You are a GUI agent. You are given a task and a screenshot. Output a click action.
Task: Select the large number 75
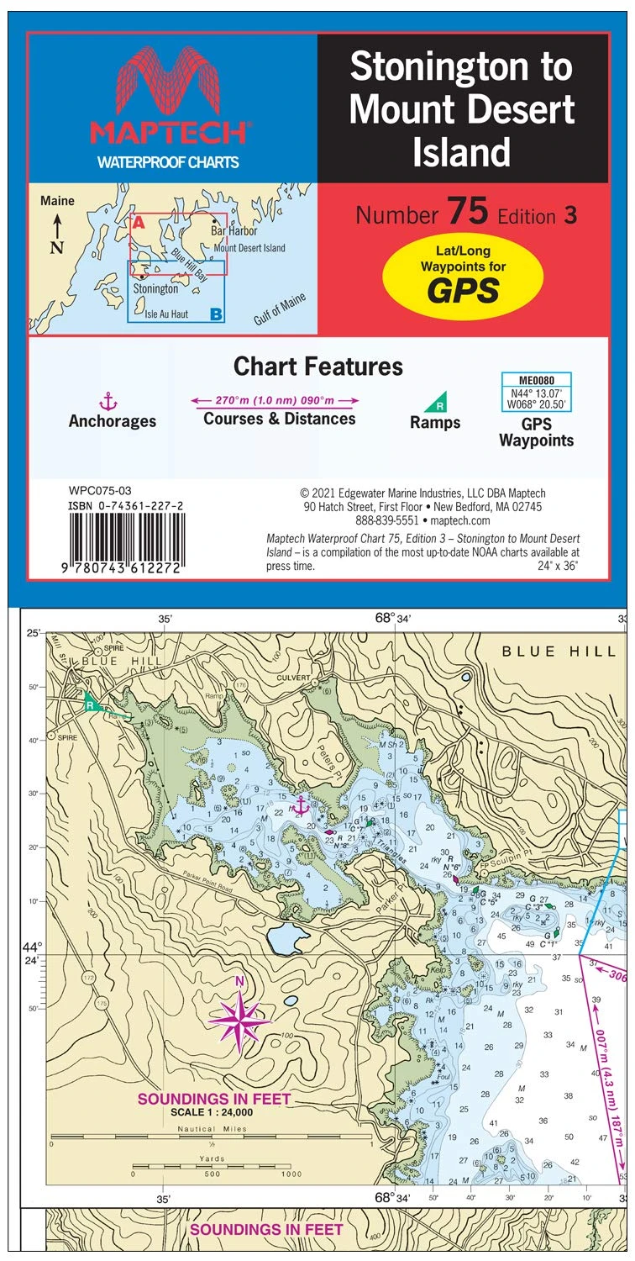click(468, 213)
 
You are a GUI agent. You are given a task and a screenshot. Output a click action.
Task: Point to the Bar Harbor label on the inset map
click(234, 230)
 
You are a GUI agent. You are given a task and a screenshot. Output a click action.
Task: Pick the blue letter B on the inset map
click(216, 314)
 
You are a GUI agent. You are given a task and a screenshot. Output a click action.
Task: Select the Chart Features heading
click(317, 367)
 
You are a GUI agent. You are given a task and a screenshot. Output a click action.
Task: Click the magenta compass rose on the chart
click(240, 1020)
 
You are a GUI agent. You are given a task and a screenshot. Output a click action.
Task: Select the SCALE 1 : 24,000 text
click(213, 1112)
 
